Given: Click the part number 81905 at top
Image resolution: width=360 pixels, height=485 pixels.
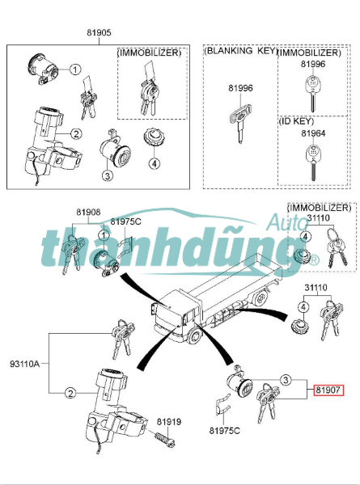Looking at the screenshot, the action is (99, 33).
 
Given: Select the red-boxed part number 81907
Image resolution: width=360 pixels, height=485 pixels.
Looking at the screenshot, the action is (328, 390).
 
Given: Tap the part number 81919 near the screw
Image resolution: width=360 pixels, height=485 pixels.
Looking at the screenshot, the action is (169, 422).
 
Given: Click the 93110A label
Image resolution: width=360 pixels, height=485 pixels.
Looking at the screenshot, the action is (25, 364).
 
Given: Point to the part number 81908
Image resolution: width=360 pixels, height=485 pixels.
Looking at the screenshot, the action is (88, 212).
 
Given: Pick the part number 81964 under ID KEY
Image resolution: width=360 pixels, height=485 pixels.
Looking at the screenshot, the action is (313, 133).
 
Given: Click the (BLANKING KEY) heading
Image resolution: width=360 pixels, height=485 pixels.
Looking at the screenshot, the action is (240, 50).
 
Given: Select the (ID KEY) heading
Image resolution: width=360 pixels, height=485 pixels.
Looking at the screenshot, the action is (296, 121).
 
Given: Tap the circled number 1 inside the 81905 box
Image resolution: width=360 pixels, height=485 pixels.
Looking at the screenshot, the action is (75, 70).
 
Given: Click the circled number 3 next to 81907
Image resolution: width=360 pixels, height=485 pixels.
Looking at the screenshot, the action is (286, 380).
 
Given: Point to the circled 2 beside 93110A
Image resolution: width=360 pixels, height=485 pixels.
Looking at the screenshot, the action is (70, 394).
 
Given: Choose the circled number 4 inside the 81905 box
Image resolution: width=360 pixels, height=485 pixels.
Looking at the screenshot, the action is (154, 163).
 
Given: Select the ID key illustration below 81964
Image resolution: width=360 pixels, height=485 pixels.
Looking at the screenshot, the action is (313, 162).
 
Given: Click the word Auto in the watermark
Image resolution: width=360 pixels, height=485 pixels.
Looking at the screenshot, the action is (286, 221).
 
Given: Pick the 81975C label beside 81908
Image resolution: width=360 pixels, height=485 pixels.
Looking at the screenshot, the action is (125, 221).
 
